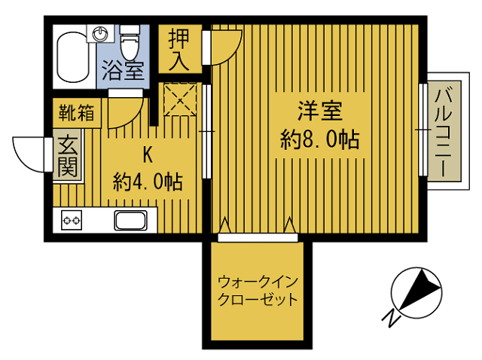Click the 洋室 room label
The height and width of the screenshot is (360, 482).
pos(320,111)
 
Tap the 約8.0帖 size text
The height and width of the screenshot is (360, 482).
pos(320,139)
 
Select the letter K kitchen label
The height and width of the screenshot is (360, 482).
pos(148,156)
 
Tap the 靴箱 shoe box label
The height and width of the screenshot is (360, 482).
pos(77,114)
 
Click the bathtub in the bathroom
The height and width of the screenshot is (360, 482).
pos(74,57)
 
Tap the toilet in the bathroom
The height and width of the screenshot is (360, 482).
pos(130,43)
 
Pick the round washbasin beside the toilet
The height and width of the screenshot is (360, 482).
pos(101,33)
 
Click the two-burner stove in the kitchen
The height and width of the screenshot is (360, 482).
pos(72,221)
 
